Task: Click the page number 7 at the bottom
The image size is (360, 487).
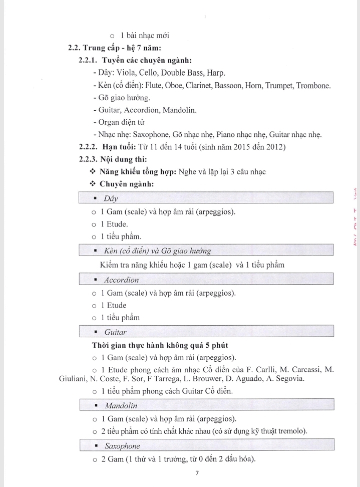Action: pos(197,473)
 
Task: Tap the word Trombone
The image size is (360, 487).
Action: pos(312,86)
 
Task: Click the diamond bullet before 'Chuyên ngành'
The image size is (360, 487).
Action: pos(93,184)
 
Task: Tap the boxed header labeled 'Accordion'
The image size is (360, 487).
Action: pos(121,280)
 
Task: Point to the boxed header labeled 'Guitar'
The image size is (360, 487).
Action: pos(115,332)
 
